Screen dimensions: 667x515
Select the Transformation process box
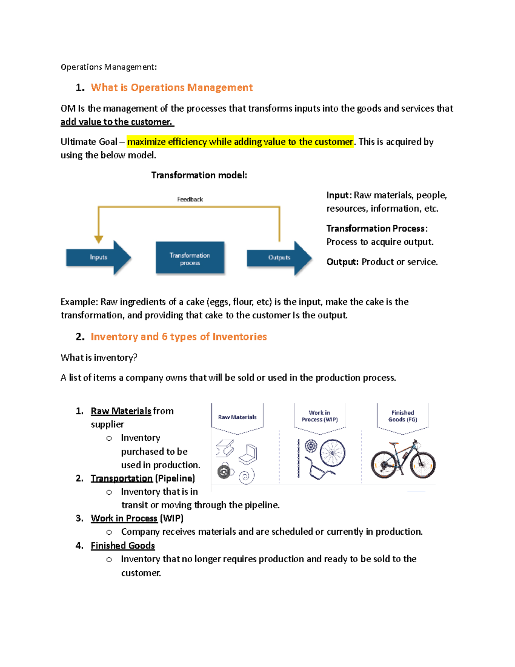(190, 258)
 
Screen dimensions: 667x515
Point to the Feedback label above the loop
(190, 199)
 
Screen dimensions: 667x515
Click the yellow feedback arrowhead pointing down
(99, 239)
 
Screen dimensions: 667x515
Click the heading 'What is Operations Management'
(172, 88)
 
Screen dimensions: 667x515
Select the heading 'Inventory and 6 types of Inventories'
(179, 337)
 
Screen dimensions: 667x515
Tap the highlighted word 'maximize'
(146, 142)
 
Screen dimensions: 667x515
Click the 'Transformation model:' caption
(199, 175)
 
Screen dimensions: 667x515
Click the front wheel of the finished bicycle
(423, 464)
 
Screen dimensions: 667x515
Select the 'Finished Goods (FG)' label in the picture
(403, 416)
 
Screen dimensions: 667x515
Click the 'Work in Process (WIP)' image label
(320, 416)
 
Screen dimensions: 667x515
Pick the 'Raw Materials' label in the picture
(237, 417)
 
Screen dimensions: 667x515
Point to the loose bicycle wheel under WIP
(333, 452)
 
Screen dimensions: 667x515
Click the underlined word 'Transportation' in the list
(121, 478)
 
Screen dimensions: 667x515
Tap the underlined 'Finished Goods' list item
(123, 545)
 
